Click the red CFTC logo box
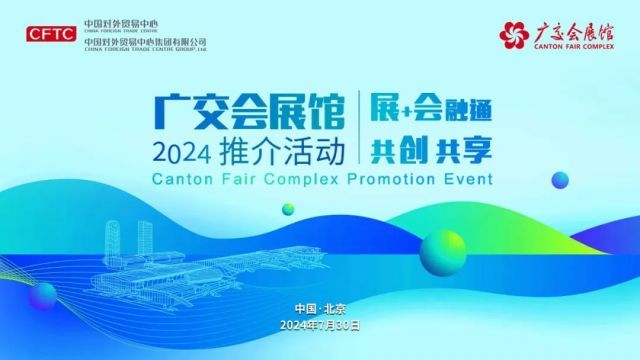51,34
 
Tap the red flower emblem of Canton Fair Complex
513,35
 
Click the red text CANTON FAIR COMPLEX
574,46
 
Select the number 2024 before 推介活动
182,154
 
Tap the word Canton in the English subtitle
182,179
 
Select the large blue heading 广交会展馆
249,111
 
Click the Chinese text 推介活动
282,152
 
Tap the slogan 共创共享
431,150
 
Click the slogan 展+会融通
431,109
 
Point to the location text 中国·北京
320,309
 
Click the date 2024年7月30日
320,325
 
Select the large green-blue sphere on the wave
443,253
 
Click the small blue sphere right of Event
560,180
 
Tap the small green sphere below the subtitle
288,209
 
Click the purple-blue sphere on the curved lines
42,296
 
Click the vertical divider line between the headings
359,127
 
